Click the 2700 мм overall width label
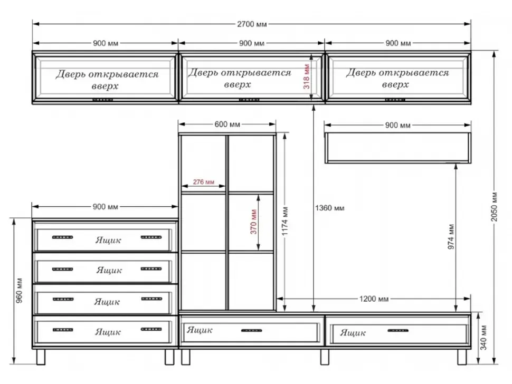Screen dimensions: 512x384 tap(252, 24)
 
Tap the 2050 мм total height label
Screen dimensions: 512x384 tap(495, 206)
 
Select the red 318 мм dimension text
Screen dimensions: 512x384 tap(307, 76)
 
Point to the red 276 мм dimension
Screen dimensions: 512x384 tap(203, 182)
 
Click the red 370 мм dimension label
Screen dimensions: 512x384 tap(254, 222)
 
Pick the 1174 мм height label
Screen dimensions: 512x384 tap(285, 221)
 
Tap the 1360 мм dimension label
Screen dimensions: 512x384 tap(329, 208)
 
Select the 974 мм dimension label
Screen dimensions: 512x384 tap(451, 237)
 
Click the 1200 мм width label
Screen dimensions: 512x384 tap(374, 299)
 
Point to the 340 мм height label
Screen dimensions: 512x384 tap(483, 338)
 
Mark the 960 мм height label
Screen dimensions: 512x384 tap(19, 290)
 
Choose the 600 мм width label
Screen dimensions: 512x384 tap(227, 124)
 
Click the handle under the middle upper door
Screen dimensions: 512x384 tap(250, 100)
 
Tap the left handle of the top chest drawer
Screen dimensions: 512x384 tap(62, 237)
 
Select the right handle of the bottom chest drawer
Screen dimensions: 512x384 tap(151, 329)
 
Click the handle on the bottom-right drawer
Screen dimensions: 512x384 tap(397, 331)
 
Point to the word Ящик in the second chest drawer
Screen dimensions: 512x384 tap(109, 270)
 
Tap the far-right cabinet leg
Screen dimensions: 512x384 tap(462, 357)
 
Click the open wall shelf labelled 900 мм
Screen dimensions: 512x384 tap(397, 148)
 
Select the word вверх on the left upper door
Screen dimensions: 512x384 tap(105, 87)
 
